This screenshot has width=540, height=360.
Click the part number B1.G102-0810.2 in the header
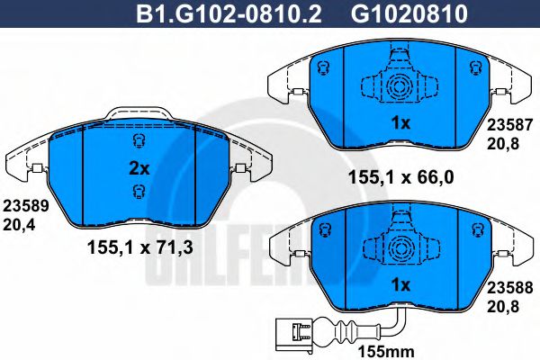(x=229, y=14)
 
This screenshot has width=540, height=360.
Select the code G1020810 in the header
(x=409, y=14)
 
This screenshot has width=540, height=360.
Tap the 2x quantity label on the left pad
(x=139, y=169)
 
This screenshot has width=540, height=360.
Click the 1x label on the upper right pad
(x=400, y=123)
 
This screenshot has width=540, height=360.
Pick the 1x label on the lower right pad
(x=400, y=285)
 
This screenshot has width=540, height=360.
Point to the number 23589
(x=26, y=206)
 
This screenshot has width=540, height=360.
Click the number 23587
(x=509, y=125)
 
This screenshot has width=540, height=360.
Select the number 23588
(x=509, y=288)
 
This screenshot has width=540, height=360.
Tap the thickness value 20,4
(x=19, y=225)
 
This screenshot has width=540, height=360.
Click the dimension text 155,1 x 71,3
(x=140, y=247)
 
